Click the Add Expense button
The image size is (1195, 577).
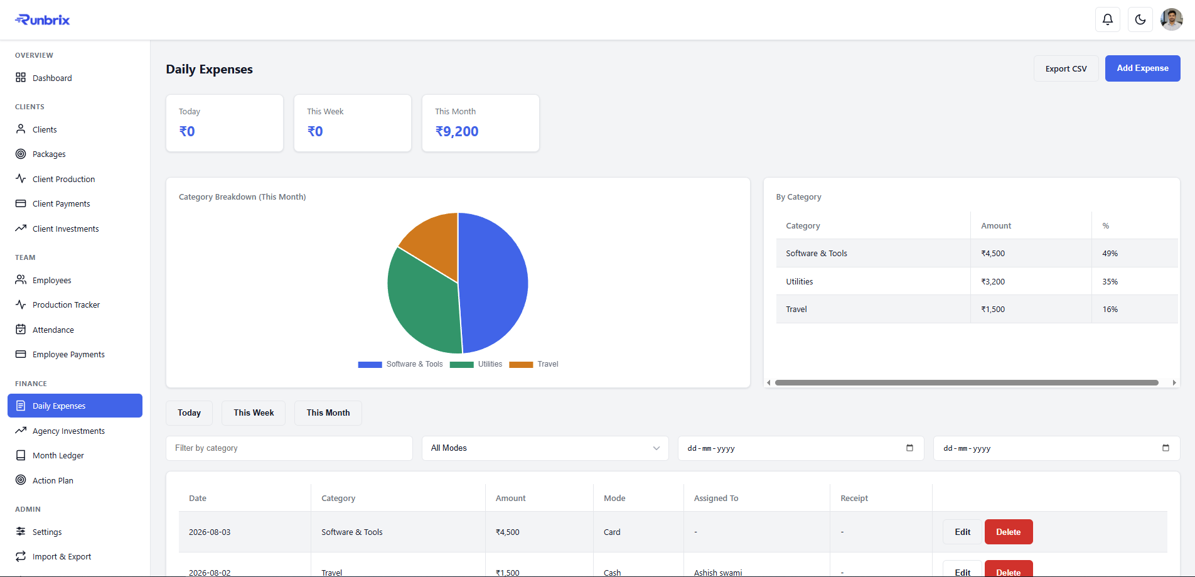point(1142,68)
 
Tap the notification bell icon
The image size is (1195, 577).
point(1108,19)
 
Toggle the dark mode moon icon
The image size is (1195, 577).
point(1140,19)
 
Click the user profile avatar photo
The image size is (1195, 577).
point(1172,19)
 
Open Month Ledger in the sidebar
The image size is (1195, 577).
point(58,456)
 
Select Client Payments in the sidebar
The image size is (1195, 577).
point(61,204)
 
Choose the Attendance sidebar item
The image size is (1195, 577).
point(53,330)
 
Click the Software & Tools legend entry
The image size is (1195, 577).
point(400,364)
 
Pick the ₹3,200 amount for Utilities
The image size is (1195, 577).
point(993,282)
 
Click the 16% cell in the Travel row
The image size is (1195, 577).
point(1110,310)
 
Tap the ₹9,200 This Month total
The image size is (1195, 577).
point(457,131)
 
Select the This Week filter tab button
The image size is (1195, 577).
point(254,413)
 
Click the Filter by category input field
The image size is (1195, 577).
point(289,448)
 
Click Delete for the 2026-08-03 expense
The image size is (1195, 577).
point(1009,532)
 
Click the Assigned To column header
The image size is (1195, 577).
point(716,499)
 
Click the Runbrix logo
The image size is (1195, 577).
point(43,20)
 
